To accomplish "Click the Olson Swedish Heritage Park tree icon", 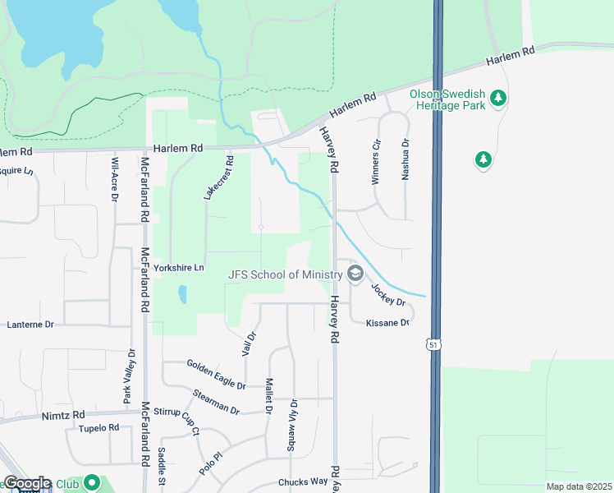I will (x=497, y=99).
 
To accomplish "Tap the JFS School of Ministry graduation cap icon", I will (x=355, y=274).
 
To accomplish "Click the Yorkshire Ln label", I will (x=178, y=268).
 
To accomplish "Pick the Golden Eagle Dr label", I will (x=216, y=374).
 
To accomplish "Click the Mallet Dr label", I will (x=268, y=396).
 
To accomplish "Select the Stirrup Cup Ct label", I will (x=186, y=418).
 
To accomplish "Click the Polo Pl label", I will (x=211, y=463).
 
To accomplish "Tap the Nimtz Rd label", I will (x=63, y=416).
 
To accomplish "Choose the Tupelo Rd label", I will (x=99, y=428).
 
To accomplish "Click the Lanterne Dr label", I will (x=30, y=325).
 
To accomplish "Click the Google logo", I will (x=26, y=483).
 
